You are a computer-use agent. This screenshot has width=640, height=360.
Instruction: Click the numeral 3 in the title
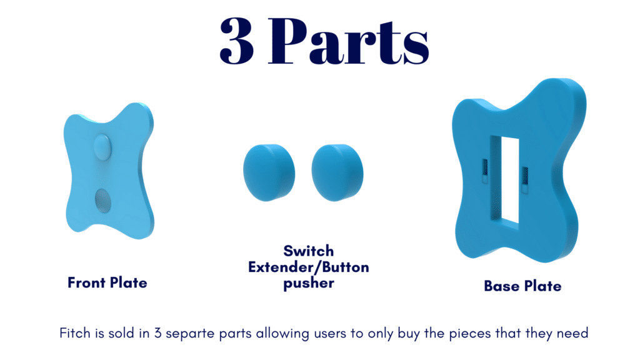coord(237,41)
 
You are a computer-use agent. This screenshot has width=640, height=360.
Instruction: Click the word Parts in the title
coord(348,41)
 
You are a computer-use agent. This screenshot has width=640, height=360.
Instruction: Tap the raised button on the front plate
coord(102,146)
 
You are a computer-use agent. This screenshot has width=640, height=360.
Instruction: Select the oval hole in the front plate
coord(103,201)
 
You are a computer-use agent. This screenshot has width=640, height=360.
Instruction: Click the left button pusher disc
coord(269,172)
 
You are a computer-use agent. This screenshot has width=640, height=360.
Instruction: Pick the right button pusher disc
coord(337,172)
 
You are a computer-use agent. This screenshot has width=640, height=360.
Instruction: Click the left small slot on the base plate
coord(484,171)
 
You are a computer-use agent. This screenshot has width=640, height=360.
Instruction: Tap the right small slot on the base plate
coord(525,179)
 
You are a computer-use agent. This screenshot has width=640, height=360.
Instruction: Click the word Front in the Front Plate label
coord(86,282)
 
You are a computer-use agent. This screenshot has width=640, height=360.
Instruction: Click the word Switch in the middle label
coord(309,251)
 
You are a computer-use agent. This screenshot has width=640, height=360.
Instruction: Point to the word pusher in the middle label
coord(309,283)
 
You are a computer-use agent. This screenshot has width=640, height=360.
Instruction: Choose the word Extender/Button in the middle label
coord(309,267)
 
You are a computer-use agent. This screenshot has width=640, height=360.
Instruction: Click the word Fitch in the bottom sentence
coord(75,333)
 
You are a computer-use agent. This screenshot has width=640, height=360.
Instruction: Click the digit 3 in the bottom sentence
coord(157,333)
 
